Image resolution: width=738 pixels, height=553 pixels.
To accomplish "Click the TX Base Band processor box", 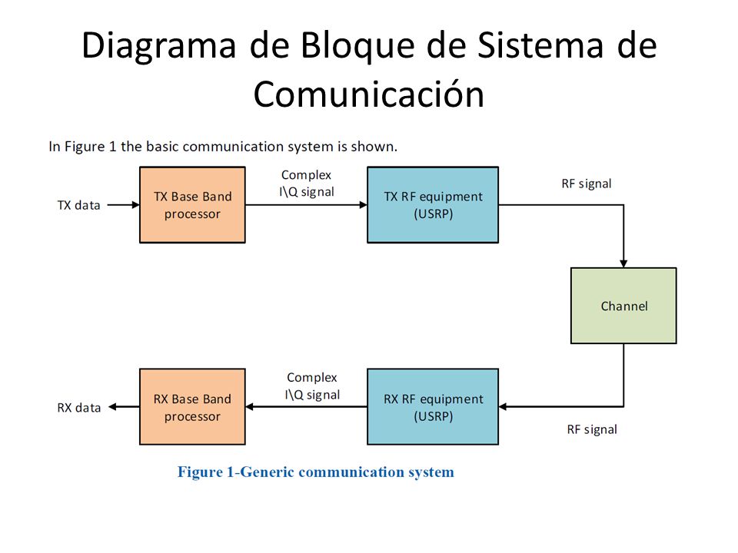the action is click(x=192, y=205).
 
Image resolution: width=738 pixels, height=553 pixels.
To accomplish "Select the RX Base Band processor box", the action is click(x=192, y=407).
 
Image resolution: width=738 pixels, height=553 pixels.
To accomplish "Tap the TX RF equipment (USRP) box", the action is click(x=433, y=205).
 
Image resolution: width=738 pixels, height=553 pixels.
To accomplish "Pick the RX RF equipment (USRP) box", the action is click(x=433, y=407).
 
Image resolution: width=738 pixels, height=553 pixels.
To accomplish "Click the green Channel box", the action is click(x=623, y=306).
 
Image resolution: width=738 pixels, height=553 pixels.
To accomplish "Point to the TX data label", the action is click(x=78, y=206).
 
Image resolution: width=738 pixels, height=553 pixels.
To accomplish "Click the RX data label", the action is click(x=79, y=408).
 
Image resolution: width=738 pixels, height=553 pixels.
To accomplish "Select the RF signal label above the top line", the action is click(x=587, y=184).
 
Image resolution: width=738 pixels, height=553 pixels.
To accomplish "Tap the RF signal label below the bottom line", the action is click(x=592, y=430).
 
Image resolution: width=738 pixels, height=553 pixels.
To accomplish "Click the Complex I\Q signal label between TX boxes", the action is click(x=307, y=184).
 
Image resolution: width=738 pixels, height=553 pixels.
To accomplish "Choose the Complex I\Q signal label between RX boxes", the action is click(x=312, y=386).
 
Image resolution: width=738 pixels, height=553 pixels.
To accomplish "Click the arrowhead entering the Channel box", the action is click(x=623, y=263).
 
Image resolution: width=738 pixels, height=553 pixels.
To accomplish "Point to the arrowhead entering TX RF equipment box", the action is click(x=364, y=205).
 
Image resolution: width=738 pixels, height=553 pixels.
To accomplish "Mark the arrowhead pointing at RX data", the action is click(x=112, y=407).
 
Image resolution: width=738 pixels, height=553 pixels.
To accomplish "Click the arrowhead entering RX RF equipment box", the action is click(x=503, y=407).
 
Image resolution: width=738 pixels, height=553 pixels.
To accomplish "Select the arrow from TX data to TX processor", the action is click(x=123, y=205).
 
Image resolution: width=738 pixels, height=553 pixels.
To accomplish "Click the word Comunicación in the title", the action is click(x=369, y=94).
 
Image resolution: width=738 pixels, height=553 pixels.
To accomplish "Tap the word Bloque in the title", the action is click(x=357, y=46).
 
